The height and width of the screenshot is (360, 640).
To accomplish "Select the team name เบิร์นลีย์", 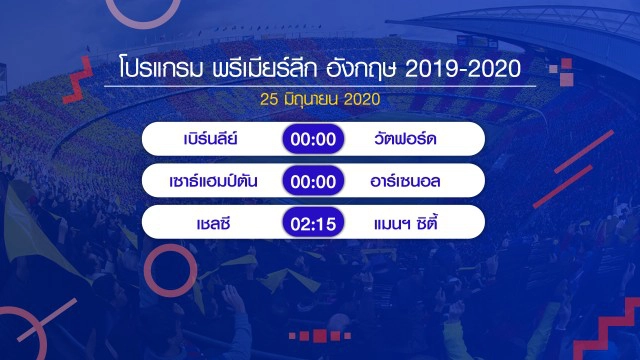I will (210, 139).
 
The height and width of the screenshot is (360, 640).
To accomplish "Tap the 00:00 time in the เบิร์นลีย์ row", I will (315, 139).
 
